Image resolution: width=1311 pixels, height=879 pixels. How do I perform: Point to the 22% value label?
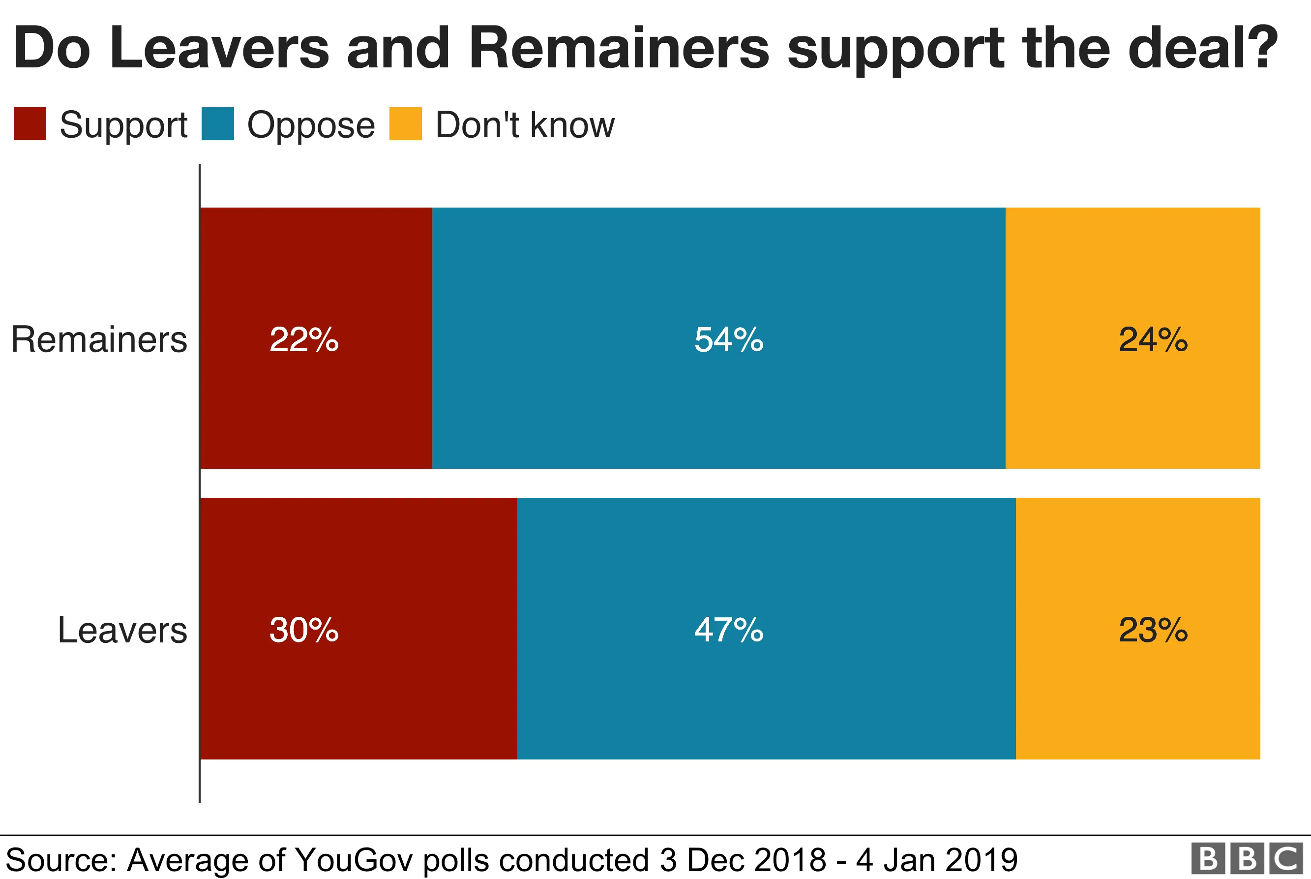coord(304,340)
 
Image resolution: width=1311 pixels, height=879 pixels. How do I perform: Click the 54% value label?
coord(728,340)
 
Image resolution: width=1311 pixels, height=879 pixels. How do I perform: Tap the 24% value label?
coord(1153,340)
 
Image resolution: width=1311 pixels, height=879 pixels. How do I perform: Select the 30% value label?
coord(304,630)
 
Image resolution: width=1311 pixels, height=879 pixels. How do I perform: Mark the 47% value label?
coord(728,630)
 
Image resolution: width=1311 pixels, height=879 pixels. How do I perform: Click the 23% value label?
coord(1153,630)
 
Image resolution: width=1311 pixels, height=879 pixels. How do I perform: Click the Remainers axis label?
coord(99,340)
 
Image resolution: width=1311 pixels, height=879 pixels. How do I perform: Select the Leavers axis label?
coord(122,630)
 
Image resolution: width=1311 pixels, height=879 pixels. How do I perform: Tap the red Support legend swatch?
coord(30,124)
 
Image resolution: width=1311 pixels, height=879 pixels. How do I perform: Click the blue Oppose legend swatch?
coord(217,124)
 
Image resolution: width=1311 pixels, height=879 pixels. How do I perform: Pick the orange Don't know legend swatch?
coord(405,124)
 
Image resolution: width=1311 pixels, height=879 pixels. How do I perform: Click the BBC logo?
coord(1246,858)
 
